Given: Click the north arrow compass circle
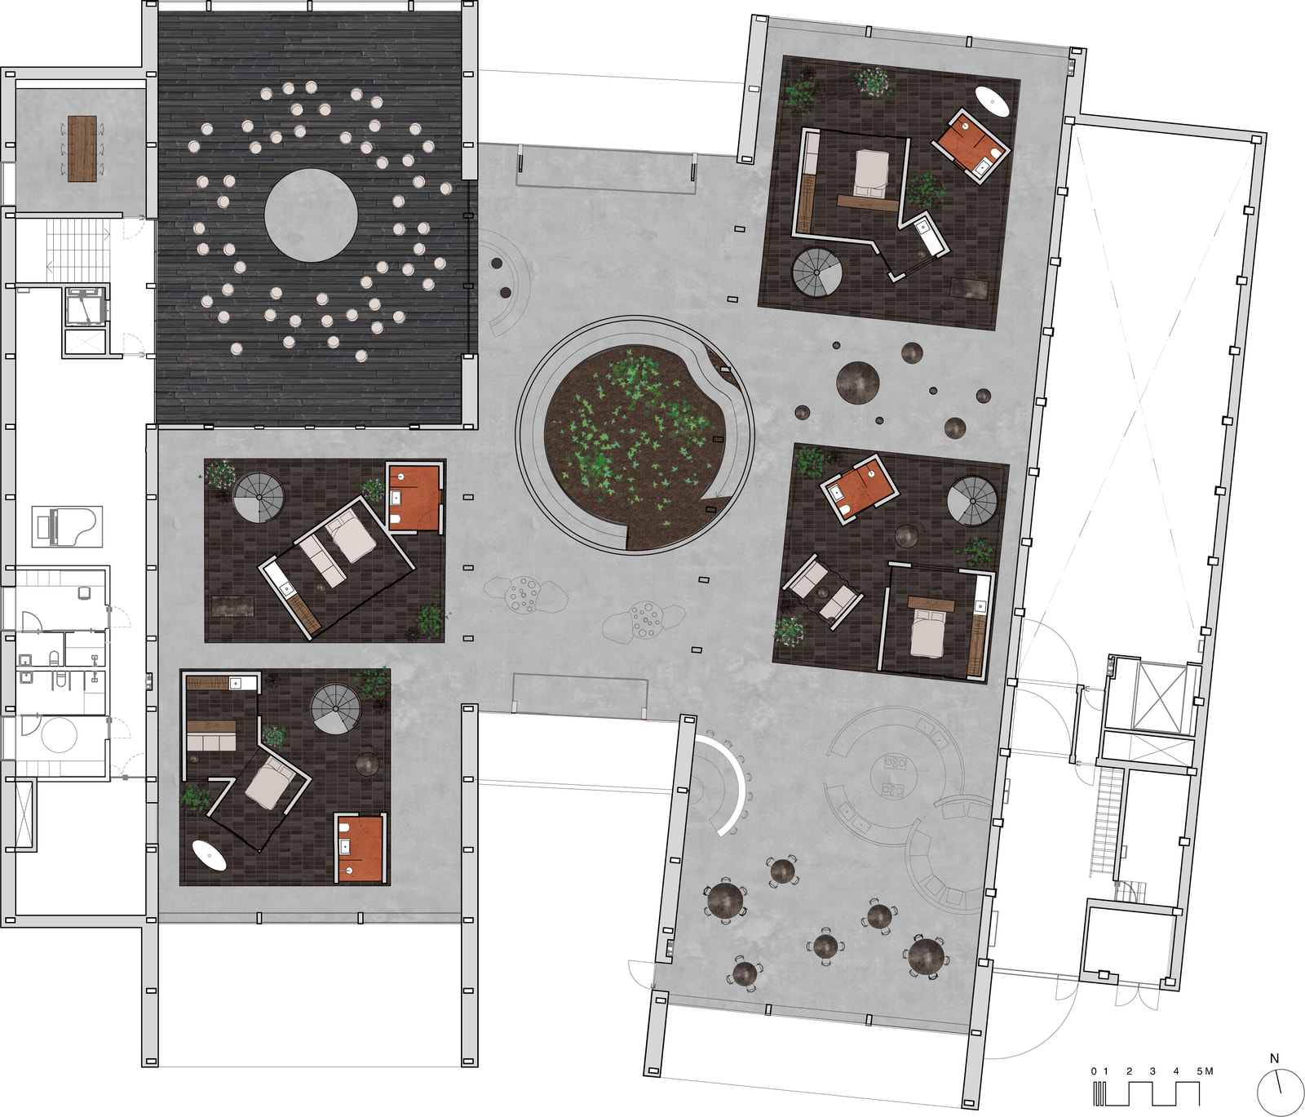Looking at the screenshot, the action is point(1281,1093).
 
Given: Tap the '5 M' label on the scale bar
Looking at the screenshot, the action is point(1205,1071).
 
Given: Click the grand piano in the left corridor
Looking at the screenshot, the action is point(68,526).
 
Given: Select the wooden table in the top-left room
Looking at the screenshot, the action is point(82,148).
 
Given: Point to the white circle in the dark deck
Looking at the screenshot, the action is point(311,215).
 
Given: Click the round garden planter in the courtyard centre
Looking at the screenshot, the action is point(635,435).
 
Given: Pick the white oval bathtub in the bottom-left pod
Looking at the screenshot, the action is point(210,855).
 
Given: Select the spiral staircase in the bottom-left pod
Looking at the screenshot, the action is point(335,709).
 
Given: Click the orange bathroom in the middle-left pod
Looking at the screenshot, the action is point(414,498).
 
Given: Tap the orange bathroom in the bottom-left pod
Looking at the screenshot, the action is point(360,848).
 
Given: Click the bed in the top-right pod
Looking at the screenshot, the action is point(871,173).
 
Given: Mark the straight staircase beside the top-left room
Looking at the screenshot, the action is point(77,250).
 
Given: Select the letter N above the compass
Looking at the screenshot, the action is point(1275,1058).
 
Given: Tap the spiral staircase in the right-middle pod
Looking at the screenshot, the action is point(972,501).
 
